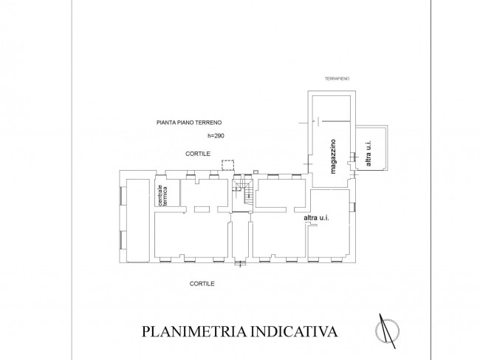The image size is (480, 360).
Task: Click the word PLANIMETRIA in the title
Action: pyautogui.click(x=194, y=331)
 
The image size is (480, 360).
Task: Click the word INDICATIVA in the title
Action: pyautogui.click(x=294, y=331)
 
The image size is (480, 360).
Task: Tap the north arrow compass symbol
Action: pyautogui.click(x=387, y=331)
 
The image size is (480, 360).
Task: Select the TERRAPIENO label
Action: pyautogui.click(x=337, y=79)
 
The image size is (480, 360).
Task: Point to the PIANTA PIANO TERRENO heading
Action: pyautogui.click(x=189, y=123)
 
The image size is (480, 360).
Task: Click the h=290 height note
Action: pyautogui.click(x=216, y=136)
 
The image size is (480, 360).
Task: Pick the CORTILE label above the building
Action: pyautogui.click(x=198, y=154)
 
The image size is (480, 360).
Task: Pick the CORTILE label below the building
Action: pyautogui.click(x=202, y=284)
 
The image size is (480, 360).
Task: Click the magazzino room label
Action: pyautogui.click(x=333, y=157)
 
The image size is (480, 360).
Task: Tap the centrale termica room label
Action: pyautogui.click(x=162, y=195)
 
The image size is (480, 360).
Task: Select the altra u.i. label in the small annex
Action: pyautogui.click(x=368, y=154)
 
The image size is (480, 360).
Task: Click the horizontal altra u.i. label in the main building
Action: pyautogui.click(x=316, y=218)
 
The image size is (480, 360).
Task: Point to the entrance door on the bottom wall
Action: pyautogui.click(x=240, y=263)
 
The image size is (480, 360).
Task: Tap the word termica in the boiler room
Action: pyautogui.click(x=165, y=196)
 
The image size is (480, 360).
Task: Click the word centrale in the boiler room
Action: pyautogui.click(x=160, y=195)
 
